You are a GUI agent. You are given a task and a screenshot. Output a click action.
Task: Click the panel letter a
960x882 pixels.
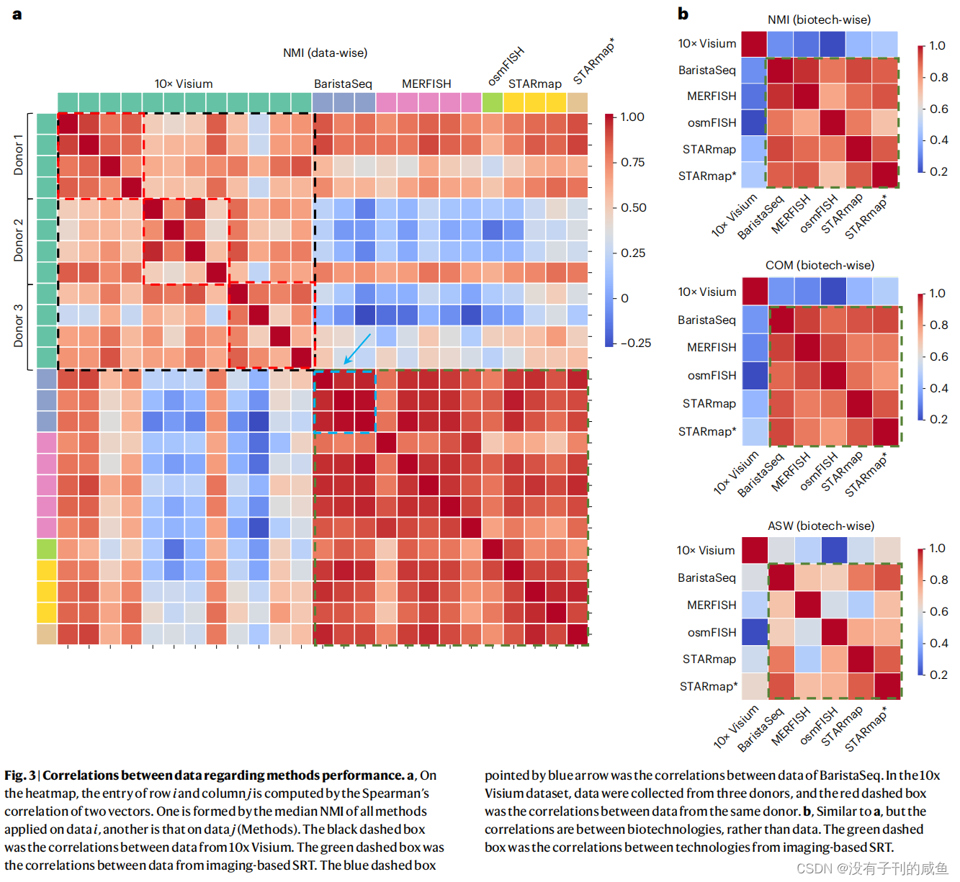pos(17,14)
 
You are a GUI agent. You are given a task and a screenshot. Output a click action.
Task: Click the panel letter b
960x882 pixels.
pos(683,14)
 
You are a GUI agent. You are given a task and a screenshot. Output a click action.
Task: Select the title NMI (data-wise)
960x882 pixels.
pos(325,53)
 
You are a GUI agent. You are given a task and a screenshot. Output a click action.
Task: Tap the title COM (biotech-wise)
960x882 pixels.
pos(820,265)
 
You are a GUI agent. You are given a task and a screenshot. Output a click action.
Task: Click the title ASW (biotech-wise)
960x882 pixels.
pos(820,526)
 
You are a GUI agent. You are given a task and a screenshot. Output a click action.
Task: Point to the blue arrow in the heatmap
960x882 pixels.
pos(357,348)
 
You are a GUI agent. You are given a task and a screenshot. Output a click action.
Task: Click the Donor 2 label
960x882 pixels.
pos(19,240)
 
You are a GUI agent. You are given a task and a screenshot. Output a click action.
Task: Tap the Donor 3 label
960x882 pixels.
pos(19,325)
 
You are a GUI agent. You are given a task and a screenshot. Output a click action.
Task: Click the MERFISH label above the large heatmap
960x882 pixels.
pos(426,84)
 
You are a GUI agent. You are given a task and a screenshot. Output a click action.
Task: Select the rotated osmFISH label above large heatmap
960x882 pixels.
pos(506,66)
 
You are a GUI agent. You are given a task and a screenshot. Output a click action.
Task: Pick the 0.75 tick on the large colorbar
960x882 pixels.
pos(632,162)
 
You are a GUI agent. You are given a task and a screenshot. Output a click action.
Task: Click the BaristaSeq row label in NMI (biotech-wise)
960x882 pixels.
pos(706,70)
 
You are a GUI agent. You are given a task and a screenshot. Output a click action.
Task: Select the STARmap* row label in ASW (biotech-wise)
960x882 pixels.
pos(707,686)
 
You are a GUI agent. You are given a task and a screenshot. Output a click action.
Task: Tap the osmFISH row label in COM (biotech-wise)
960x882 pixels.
pos(712,375)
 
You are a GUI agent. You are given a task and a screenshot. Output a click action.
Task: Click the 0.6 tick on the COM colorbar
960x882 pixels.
pos(938,356)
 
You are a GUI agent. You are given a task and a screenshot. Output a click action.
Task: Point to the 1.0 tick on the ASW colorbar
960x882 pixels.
pos(937,548)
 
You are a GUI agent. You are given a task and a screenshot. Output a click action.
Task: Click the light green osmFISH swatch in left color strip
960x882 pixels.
pos(47,549)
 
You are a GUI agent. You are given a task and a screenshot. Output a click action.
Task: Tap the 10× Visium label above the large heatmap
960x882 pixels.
pos(184,84)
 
